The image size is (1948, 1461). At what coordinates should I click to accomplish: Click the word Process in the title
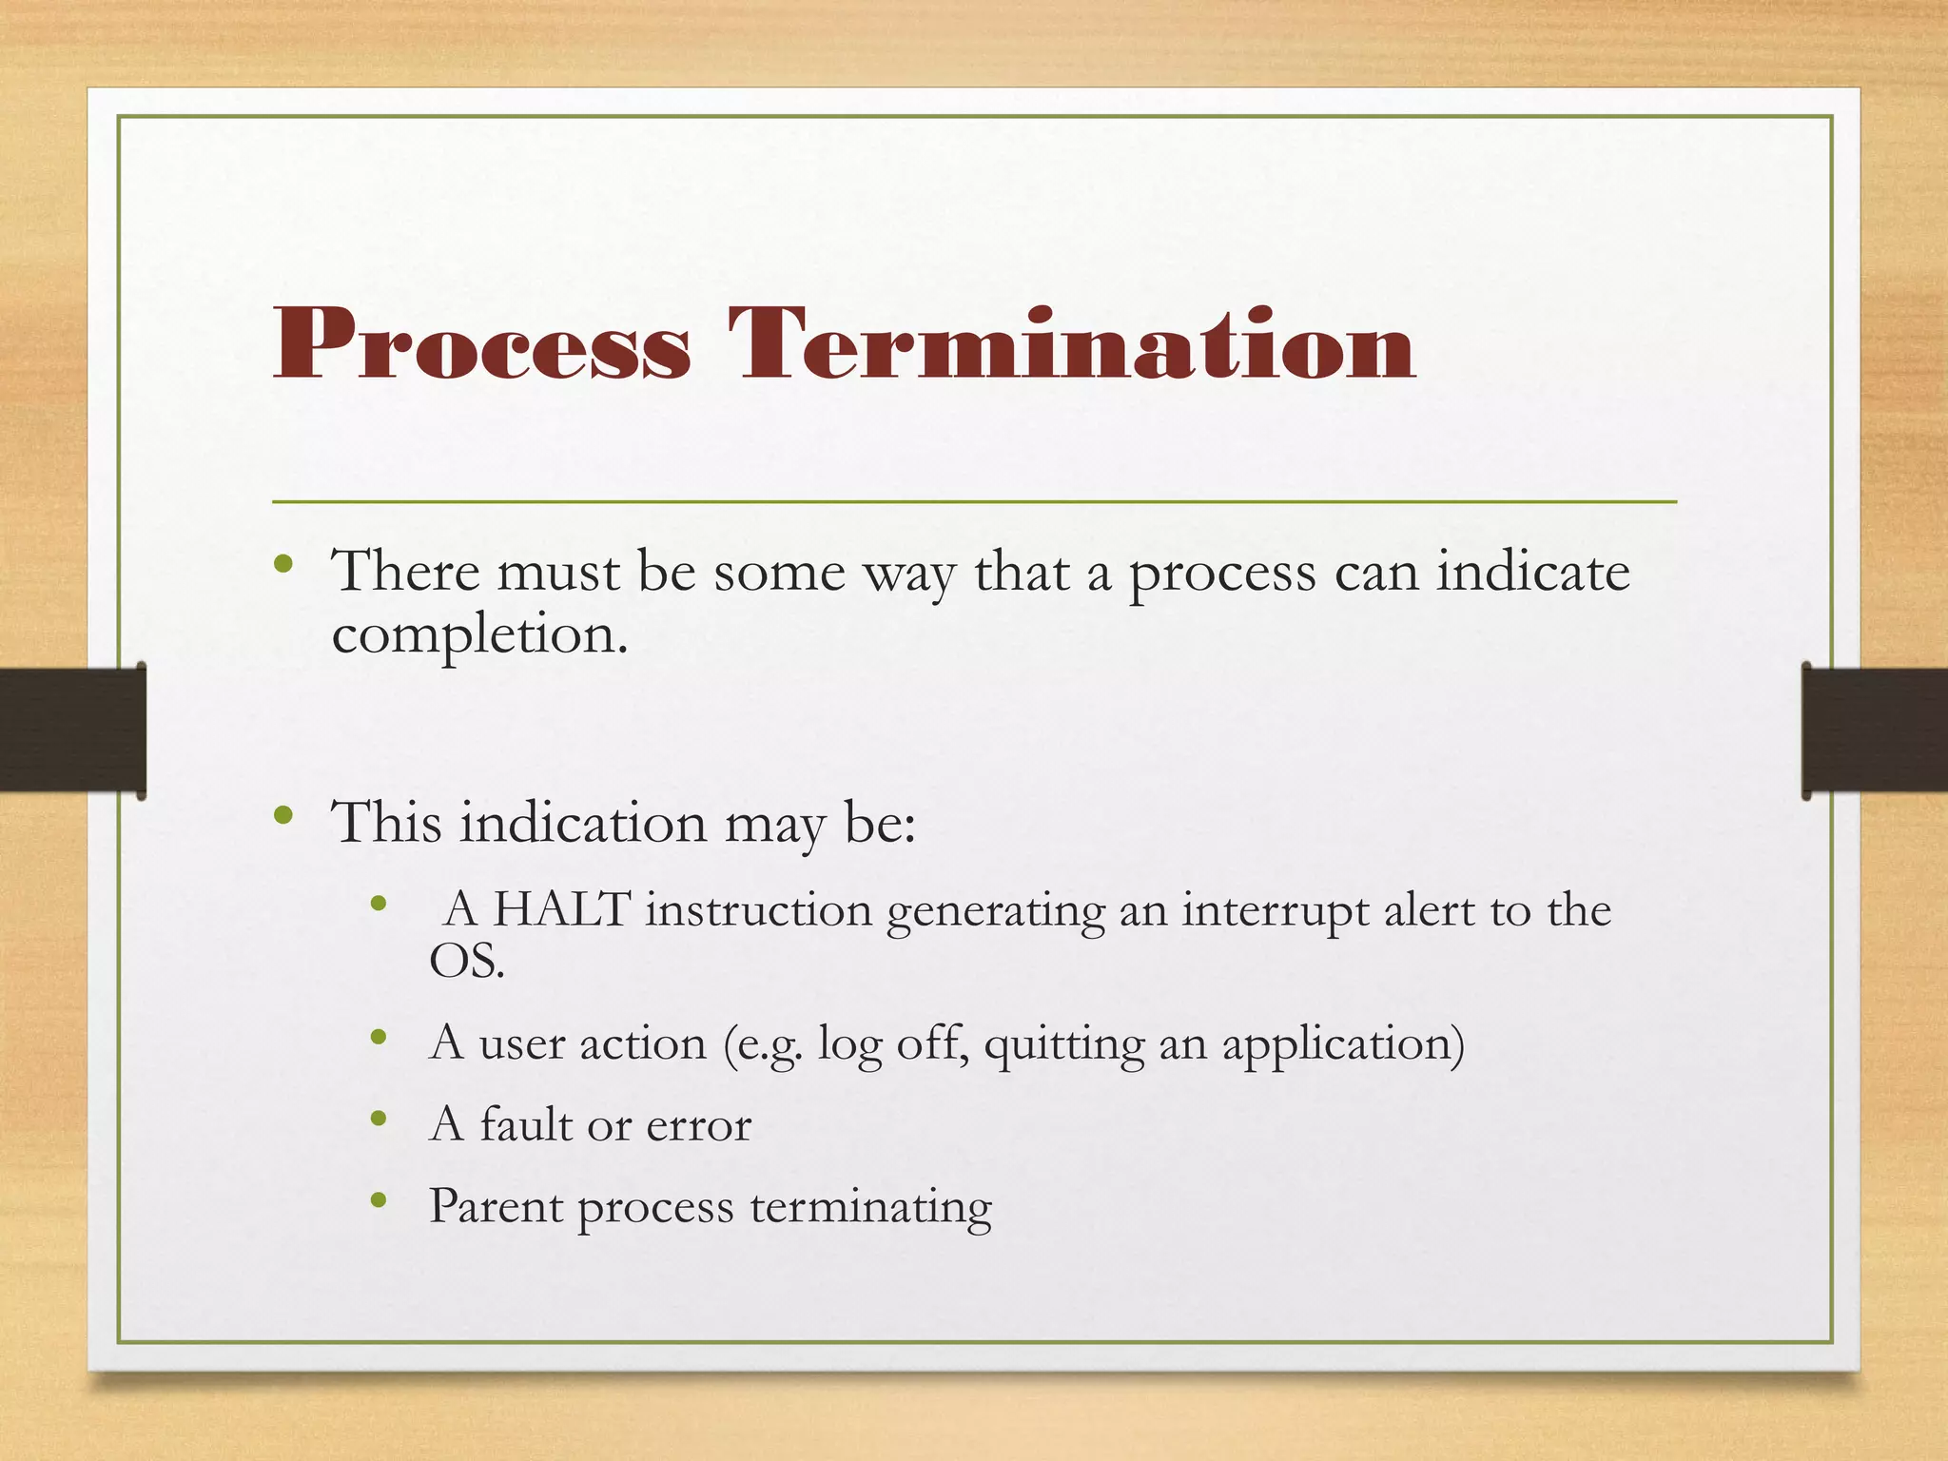click(x=481, y=344)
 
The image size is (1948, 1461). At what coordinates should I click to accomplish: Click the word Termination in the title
click(x=1072, y=344)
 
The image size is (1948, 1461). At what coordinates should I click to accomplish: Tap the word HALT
click(x=561, y=909)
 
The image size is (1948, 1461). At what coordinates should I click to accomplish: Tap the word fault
click(x=525, y=1124)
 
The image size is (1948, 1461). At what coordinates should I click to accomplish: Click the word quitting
click(x=1063, y=1044)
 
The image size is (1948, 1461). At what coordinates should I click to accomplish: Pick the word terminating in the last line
click(x=870, y=1208)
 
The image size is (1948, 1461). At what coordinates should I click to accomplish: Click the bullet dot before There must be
click(x=282, y=564)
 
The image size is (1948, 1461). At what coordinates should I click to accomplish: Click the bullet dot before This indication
click(x=282, y=815)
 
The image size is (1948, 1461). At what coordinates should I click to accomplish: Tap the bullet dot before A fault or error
click(x=379, y=1120)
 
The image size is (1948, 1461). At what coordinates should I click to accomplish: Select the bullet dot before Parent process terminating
click(x=379, y=1201)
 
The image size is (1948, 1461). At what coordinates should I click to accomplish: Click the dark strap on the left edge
click(x=71, y=730)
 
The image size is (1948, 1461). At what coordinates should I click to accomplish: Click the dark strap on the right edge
click(x=1874, y=730)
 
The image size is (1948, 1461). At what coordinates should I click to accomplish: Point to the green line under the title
click(x=974, y=501)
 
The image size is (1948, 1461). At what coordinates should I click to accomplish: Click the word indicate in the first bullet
click(x=1532, y=573)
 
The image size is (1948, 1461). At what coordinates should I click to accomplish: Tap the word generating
click(x=995, y=911)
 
